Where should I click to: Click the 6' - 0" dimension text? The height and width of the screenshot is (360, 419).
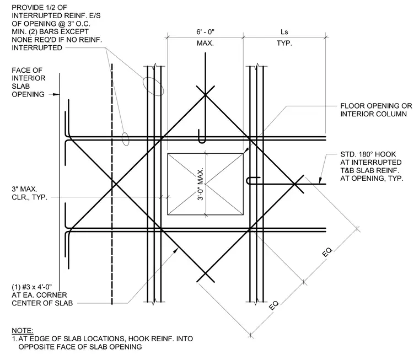[x=205, y=32]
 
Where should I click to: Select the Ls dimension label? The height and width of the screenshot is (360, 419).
[x=284, y=32]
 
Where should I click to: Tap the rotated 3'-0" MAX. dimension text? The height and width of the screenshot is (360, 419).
[x=201, y=184]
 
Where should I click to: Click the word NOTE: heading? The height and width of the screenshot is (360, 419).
[x=23, y=331]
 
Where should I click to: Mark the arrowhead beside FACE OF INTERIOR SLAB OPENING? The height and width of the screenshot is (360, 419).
[x=56, y=94]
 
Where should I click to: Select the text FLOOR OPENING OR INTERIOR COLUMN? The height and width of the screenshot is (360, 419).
[x=376, y=110]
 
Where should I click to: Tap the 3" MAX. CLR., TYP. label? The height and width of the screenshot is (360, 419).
[x=29, y=193]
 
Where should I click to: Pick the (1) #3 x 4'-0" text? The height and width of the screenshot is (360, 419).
[x=32, y=287]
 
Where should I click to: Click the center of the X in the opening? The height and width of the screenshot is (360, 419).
[x=205, y=184]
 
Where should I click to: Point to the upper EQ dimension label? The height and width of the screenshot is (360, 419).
[x=327, y=252]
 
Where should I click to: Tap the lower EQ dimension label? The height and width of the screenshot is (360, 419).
[x=273, y=305]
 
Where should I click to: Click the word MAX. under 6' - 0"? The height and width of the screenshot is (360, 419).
[x=205, y=43]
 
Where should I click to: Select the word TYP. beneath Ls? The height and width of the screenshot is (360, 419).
[x=284, y=43]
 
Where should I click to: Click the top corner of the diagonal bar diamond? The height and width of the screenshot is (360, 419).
[x=205, y=95]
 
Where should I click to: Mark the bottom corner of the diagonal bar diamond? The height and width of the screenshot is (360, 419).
[x=205, y=273]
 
